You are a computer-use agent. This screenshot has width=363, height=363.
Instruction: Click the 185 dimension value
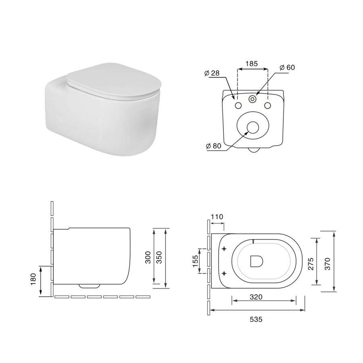coord(252,63)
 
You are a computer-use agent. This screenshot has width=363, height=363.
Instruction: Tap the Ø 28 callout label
coord(212,73)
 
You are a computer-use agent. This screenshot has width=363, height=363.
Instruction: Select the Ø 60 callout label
coord(287,67)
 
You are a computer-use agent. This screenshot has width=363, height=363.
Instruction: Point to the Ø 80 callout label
coord(213,146)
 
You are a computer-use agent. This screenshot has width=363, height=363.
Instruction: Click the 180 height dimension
coord(33,279)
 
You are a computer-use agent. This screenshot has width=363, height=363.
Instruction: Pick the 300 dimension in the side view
coord(148,257)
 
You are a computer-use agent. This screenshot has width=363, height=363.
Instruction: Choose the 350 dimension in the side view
coord(159,257)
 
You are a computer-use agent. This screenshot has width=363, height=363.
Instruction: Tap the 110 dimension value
coord(217,217)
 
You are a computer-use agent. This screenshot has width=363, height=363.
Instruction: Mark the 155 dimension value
coord(196,261)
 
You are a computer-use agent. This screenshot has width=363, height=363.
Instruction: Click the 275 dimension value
coord(311,264)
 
